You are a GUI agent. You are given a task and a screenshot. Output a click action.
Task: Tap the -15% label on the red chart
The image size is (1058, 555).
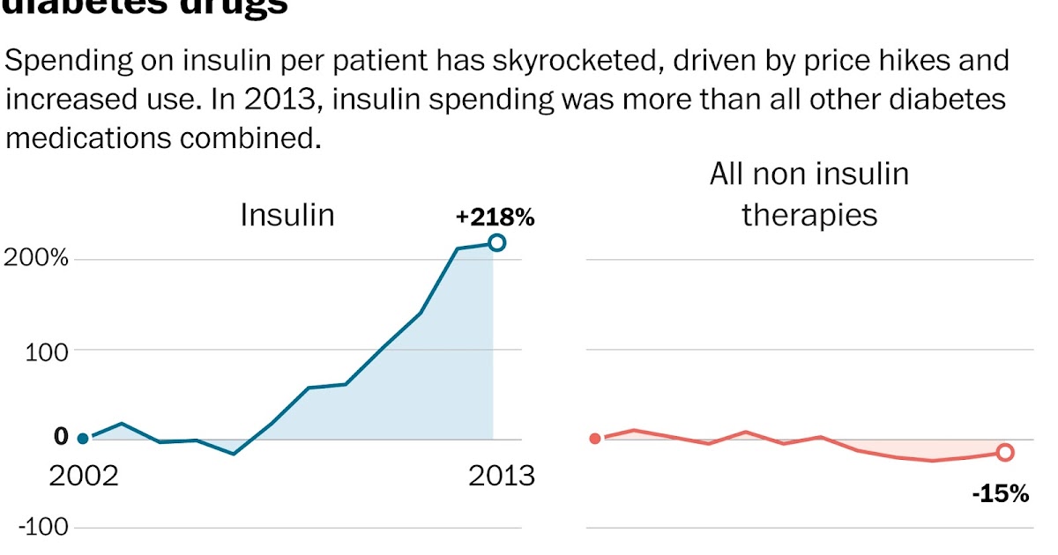coord(1000,494)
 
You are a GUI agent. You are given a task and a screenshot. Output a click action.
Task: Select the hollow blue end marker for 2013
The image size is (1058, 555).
coord(496,242)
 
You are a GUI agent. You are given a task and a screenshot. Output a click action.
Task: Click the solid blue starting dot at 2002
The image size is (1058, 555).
coord(83,438)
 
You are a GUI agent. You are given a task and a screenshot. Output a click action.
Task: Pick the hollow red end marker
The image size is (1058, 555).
coord(1005,452)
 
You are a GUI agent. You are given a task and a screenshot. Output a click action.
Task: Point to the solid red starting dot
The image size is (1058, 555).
coord(595,438)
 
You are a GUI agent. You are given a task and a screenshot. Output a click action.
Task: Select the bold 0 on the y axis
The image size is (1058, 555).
coord(60,437)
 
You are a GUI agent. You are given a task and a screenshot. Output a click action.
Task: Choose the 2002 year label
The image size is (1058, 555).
coord(83,477)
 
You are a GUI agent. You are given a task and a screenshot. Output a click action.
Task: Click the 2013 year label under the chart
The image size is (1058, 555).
coord(501,477)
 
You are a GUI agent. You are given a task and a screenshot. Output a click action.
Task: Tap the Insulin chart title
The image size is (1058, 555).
coord(287,215)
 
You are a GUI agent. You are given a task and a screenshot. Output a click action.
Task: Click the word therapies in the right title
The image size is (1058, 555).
coord(809,215)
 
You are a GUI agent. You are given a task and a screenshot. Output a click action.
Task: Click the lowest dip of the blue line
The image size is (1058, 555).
coord(234,454)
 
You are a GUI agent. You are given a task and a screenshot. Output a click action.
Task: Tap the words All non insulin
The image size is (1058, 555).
coord(808,174)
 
